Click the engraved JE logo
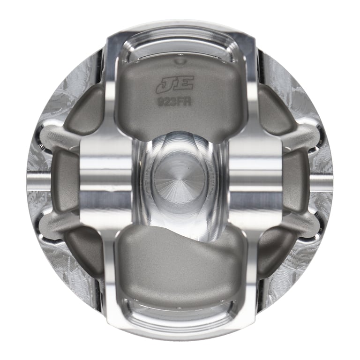tap(175, 84)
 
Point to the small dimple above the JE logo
tap(180, 62)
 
